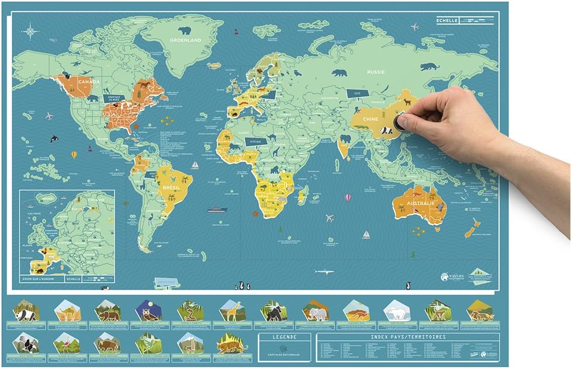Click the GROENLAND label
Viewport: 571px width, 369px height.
(x=185, y=40)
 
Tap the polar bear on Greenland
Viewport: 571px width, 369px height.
(x=185, y=30)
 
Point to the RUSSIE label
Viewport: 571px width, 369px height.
(x=375, y=72)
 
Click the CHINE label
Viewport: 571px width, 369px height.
(x=372, y=119)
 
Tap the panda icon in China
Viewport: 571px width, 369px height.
(x=386, y=131)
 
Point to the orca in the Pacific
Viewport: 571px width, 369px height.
(x=54, y=138)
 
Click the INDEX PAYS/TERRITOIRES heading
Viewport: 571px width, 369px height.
(x=408, y=337)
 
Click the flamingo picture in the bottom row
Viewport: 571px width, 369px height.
(x=66, y=343)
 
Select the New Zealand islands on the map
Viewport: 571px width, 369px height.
(x=473, y=228)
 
